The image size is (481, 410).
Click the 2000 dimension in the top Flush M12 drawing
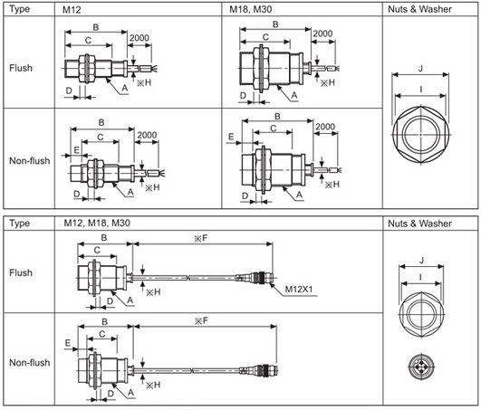(x=139, y=37)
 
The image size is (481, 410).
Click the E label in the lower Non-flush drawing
(x=69, y=343)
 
